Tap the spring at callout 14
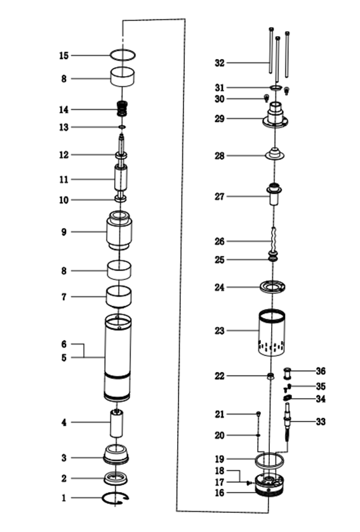[x=123, y=109]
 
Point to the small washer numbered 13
[x=122, y=127]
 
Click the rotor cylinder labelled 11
[x=121, y=178]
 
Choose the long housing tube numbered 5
[x=117, y=357]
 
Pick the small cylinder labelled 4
[x=116, y=423]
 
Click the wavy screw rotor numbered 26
[x=274, y=240]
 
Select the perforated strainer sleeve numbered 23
[x=272, y=333]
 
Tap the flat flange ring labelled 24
[x=272, y=287]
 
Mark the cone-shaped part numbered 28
[x=274, y=154]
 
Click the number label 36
[x=321, y=371]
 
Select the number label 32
[x=220, y=63]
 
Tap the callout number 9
[x=63, y=232]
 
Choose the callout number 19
[x=220, y=459]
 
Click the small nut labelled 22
[x=270, y=376]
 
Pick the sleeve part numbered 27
[x=274, y=194]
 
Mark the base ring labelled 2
[x=116, y=479]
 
